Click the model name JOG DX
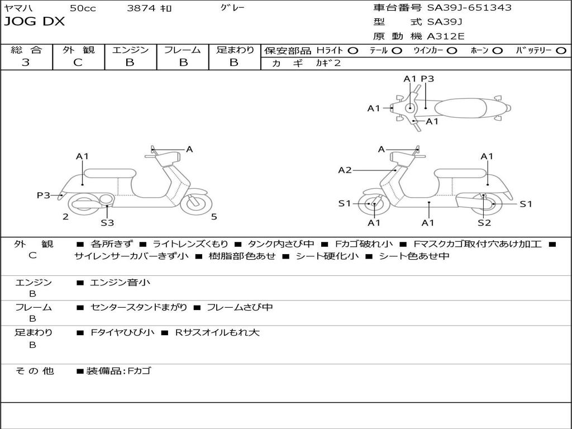(34, 22)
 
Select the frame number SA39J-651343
(469, 7)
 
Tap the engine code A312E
(445, 36)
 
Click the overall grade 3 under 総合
(26, 62)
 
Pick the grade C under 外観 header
(78, 62)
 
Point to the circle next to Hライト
(352, 51)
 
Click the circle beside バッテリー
(561, 51)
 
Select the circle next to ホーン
(497, 51)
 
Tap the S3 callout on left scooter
(107, 222)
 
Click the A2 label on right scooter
(345, 170)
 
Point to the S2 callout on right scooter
(484, 222)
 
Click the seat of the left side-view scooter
(110, 173)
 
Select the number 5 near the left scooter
(214, 217)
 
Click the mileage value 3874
(141, 8)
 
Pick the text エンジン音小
(120, 282)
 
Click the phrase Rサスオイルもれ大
(217, 332)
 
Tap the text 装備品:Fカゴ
(118, 371)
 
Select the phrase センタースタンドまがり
(139, 307)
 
